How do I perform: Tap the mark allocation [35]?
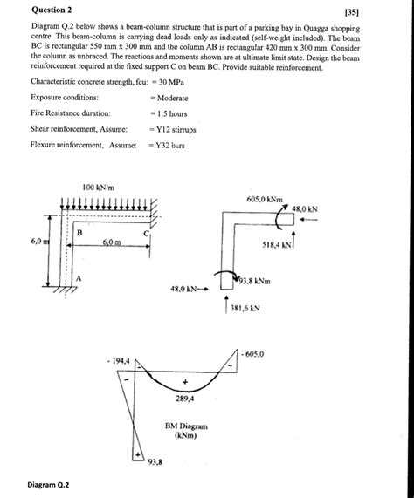(376, 10)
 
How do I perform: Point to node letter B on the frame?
(79, 233)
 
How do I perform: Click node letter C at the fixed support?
(148, 233)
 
